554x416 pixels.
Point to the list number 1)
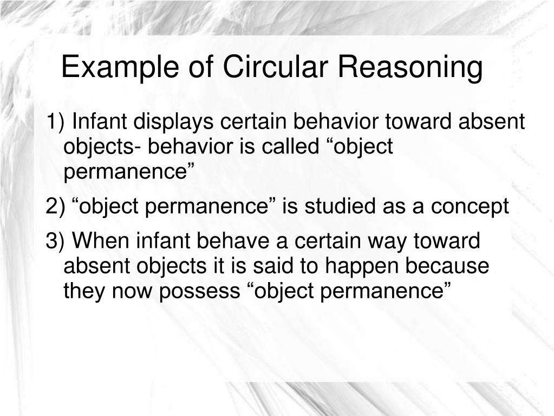click(56, 122)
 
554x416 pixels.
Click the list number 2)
click(56, 207)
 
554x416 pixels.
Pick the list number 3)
click(56, 241)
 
